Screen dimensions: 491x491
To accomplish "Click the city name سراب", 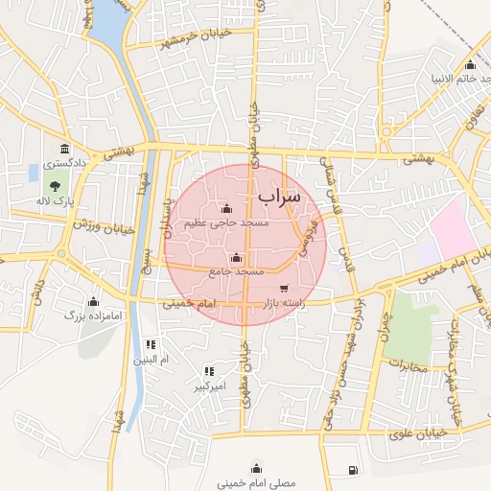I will click(279, 196).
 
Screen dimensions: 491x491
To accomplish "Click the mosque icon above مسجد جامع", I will click(237, 257).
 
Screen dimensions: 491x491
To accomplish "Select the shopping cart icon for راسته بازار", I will click(283, 288).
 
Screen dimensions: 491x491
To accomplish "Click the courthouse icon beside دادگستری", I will click(64, 150).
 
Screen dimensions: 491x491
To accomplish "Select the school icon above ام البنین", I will click(150, 343).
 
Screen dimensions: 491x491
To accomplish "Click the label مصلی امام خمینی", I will click(256, 483).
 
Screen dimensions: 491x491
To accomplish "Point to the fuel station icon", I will click(355, 469).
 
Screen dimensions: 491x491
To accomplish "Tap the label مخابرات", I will click(410, 364).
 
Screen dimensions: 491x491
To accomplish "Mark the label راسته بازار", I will click(283, 303).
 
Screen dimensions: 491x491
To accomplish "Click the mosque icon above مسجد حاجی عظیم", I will click(226, 208).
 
